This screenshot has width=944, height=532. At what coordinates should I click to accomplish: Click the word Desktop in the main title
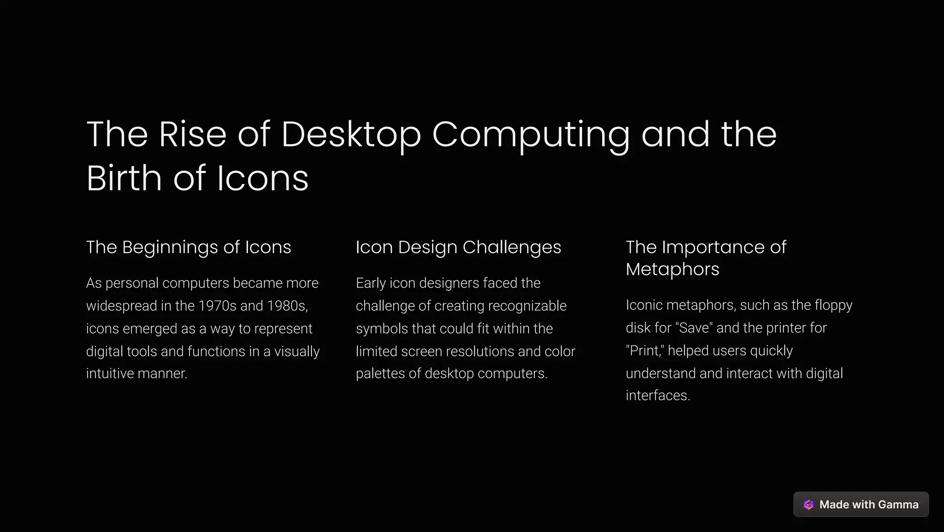(x=351, y=135)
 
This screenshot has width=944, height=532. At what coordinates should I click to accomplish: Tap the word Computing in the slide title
(x=531, y=135)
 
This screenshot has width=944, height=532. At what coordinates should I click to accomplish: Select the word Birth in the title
(x=124, y=178)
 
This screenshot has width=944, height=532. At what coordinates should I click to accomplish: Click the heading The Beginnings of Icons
(x=189, y=247)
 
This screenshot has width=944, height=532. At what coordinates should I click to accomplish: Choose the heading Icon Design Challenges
(x=458, y=247)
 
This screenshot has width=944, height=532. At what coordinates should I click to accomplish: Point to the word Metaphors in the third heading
(x=672, y=269)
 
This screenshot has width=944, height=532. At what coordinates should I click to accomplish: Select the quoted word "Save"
(x=694, y=328)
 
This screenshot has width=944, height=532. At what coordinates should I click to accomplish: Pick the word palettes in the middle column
(x=380, y=373)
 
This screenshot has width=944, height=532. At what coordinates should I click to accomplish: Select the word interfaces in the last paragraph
(x=658, y=396)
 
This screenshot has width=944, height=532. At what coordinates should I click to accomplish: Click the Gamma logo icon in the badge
(x=808, y=505)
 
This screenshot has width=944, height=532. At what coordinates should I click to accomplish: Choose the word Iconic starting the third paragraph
(x=644, y=305)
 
